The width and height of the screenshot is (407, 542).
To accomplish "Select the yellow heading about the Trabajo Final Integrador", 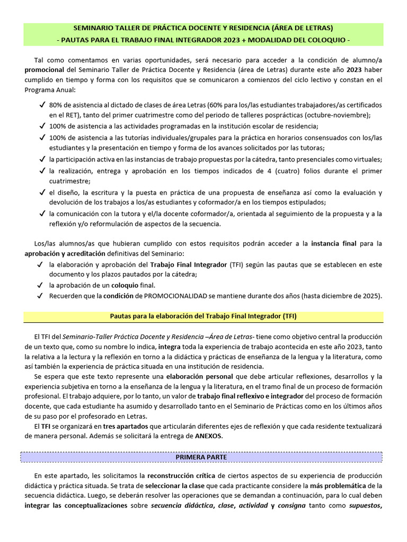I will point(203,316).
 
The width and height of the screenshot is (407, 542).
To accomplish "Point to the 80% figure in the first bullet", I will point(57,105).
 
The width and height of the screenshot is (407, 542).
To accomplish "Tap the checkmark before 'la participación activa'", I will point(42,159).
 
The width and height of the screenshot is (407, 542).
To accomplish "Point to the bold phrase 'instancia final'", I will point(333,243).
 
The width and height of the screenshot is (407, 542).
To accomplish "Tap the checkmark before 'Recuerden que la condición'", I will point(42,295).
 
